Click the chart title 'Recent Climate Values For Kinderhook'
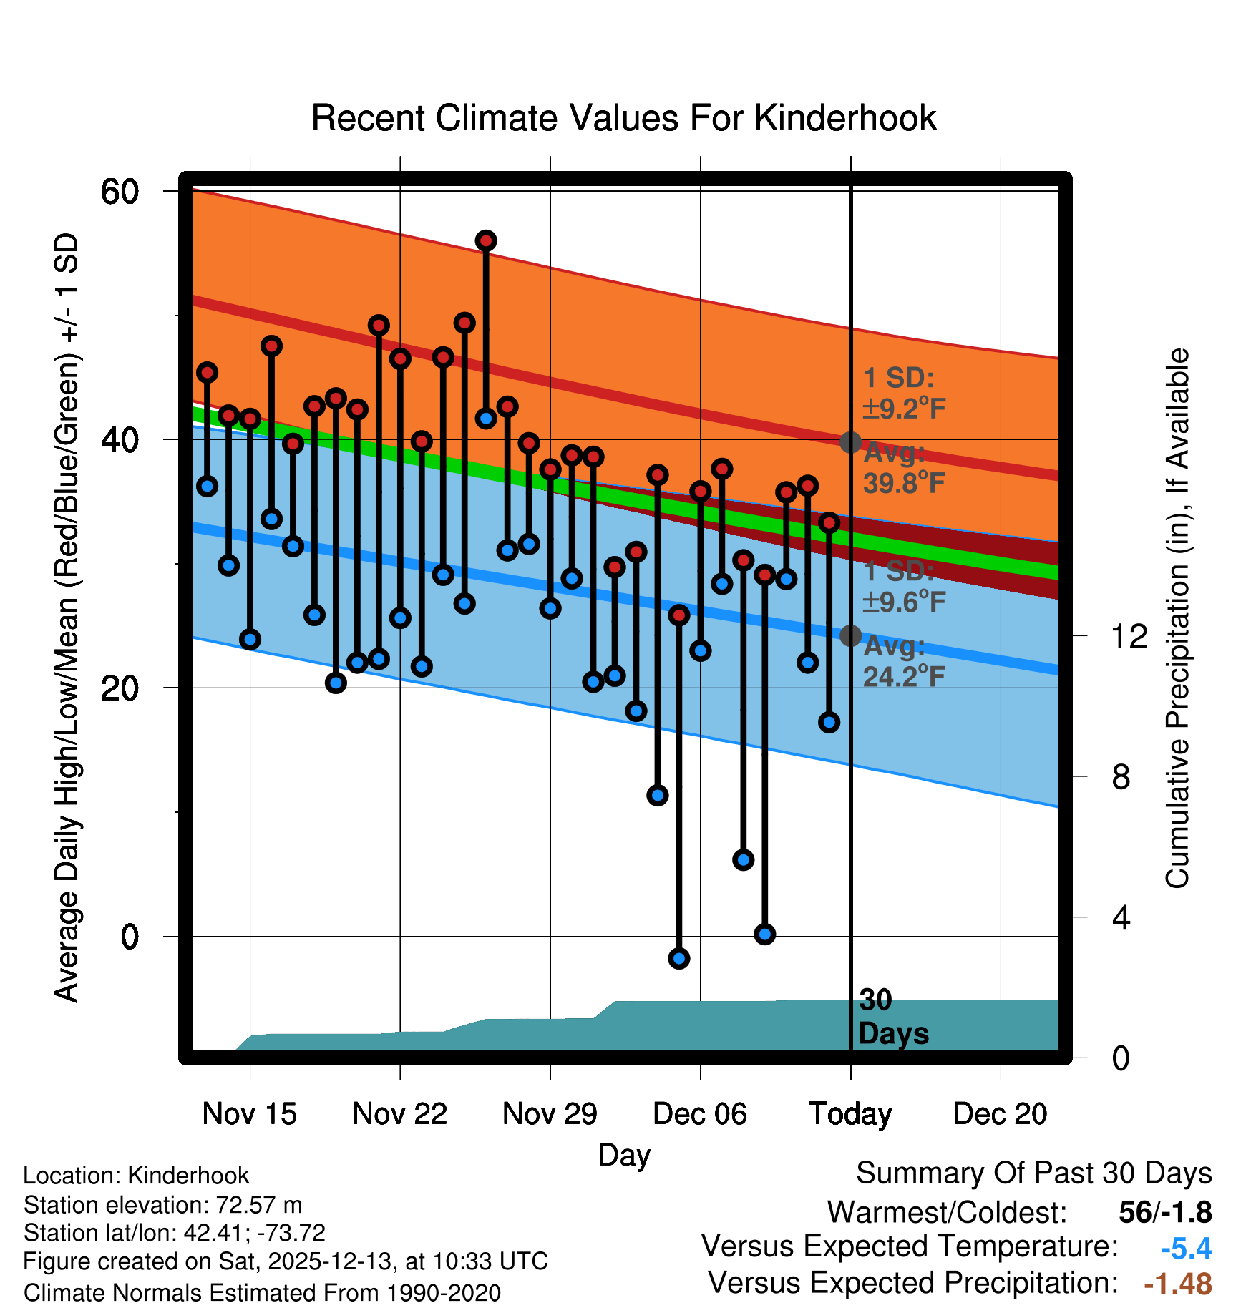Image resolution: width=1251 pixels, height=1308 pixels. (x=623, y=118)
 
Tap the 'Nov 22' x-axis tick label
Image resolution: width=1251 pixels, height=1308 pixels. (x=399, y=1114)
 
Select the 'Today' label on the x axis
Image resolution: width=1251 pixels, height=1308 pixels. (x=850, y=1114)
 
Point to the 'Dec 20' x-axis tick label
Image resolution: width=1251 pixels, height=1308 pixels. (x=1000, y=1114)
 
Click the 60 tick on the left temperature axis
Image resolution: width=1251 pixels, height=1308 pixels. (x=120, y=192)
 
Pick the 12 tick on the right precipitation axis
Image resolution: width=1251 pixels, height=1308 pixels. (x=1129, y=636)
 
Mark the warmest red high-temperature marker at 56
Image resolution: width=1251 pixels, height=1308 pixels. (x=486, y=241)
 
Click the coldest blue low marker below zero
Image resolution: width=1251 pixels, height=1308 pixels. (x=679, y=958)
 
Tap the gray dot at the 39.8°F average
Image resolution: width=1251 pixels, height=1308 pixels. (x=850, y=442)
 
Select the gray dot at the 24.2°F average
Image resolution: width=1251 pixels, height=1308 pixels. (x=850, y=635)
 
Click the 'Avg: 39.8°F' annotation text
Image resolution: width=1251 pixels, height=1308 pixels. (x=903, y=469)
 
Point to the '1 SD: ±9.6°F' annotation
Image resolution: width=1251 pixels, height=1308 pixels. (x=903, y=587)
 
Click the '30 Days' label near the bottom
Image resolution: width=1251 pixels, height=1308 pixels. (x=892, y=1017)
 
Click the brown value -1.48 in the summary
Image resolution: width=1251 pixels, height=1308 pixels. (x=1177, y=1284)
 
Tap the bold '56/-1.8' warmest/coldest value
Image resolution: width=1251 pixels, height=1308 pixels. (x=1165, y=1212)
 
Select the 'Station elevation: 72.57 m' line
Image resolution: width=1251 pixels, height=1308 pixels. (x=162, y=1205)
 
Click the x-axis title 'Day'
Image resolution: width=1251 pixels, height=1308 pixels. (x=624, y=1155)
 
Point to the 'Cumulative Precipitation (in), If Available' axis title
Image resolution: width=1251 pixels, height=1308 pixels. (x=1178, y=618)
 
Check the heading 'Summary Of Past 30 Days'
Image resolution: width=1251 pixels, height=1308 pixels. (x=1033, y=1173)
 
